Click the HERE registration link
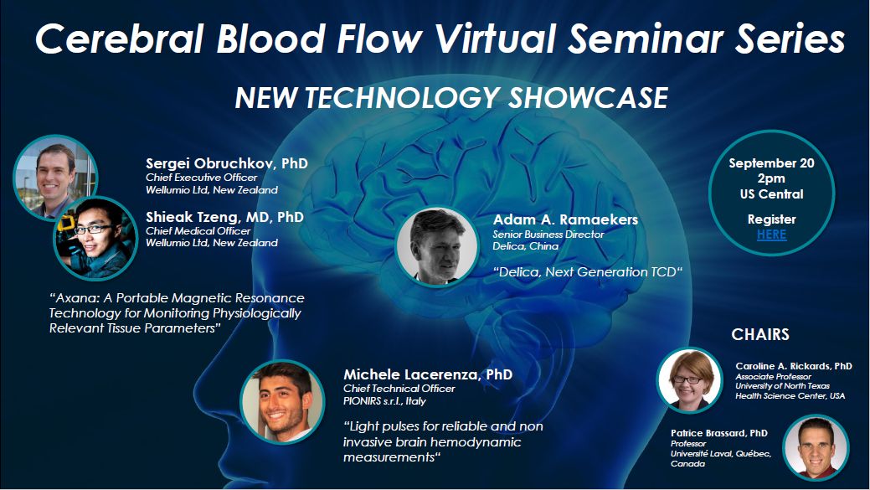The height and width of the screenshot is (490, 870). [x=771, y=235]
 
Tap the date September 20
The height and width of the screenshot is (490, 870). [x=771, y=163]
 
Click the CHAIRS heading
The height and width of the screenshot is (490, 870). [x=760, y=334]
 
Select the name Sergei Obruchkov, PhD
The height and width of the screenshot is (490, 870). [x=226, y=163]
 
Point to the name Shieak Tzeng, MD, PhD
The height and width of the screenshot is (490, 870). [x=224, y=216]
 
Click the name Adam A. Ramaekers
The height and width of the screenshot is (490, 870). [x=565, y=219]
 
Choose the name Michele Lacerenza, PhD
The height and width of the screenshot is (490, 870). [x=428, y=374]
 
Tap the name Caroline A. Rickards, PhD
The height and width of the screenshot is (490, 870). [x=794, y=366]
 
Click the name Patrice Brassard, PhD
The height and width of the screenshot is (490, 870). [x=719, y=433]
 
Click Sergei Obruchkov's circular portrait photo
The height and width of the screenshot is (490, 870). [x=54, y=177]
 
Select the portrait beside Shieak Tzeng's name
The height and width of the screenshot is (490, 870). [x=95, y=239]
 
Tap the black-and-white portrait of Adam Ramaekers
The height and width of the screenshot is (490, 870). [x=437, y=247]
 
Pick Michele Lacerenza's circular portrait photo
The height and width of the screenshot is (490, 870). [x=282, y=402]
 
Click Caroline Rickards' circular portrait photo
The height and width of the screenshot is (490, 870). [x=689, y=380]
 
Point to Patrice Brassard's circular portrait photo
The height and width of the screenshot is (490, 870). [x=816, y=448]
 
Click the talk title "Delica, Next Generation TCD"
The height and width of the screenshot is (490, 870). [x=588, y=272]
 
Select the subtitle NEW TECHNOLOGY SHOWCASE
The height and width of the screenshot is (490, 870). [x=451, y=98]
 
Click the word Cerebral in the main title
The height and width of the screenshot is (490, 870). [x=120, y=39]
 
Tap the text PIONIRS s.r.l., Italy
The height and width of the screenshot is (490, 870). [x=384, y=400]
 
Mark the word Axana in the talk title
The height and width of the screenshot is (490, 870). [x=80, y=298]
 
